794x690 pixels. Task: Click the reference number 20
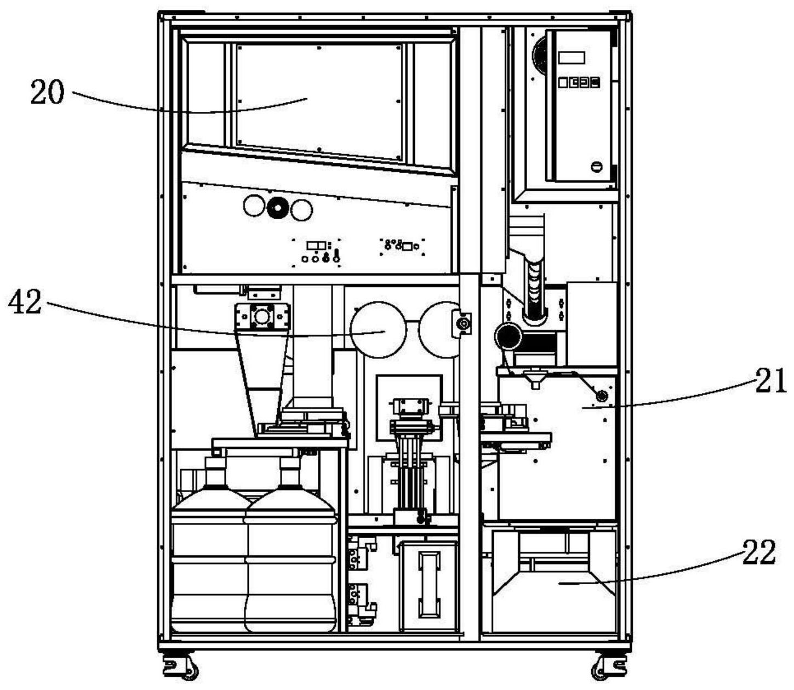[47, 93]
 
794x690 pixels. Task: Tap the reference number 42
[25, 303]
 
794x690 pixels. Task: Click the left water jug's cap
[215, 464]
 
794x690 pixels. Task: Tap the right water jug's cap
[290, 464]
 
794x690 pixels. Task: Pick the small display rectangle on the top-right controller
[572, 58]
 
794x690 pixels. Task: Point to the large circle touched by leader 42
[378, 330]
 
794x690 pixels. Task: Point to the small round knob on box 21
[602, 395]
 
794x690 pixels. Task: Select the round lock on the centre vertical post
[464, 324]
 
